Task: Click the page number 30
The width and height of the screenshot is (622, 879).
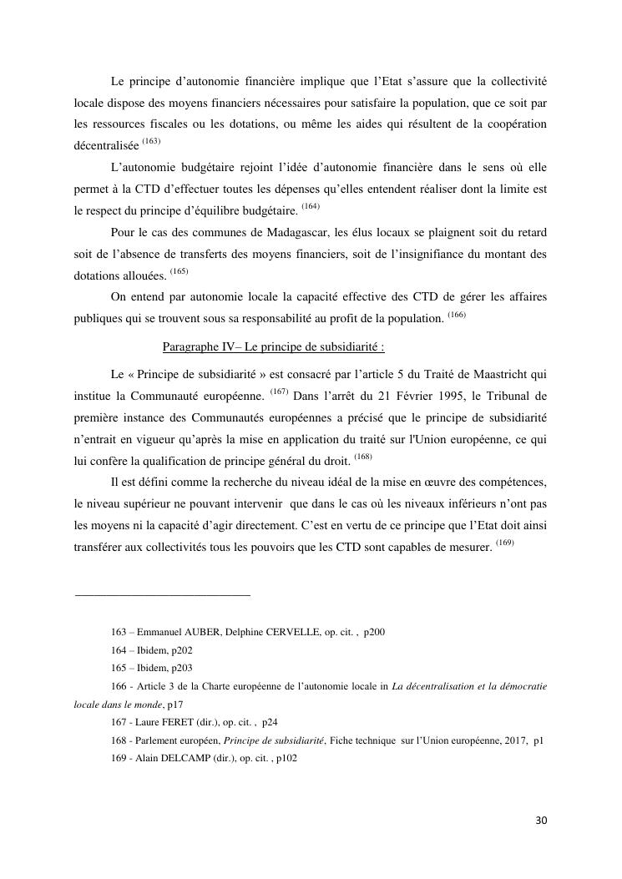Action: click(x=541, y=821)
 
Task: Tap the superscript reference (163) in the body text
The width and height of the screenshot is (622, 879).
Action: click(x=151, y=141)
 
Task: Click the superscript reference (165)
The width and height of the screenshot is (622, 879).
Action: click(x=180, y=271)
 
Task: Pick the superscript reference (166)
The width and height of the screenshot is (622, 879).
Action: click(x=456, y=314)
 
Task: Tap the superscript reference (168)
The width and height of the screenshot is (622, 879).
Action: click(x=363, y=455)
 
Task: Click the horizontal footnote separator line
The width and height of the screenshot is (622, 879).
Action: click(x=163, y=595)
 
